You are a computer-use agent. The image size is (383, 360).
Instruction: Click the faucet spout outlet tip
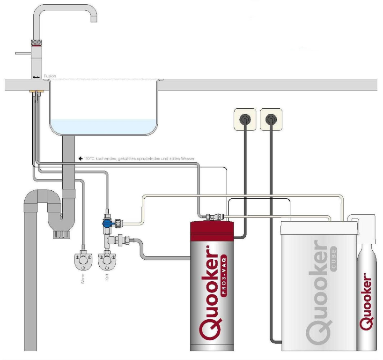click(93, 20)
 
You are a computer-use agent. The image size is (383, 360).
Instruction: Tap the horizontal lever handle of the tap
click(22, 53)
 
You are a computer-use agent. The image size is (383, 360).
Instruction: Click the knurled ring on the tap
click(37, 43)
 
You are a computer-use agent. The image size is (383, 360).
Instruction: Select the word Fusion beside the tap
click(50, 76)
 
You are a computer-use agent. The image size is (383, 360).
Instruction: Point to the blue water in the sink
click(103, 126)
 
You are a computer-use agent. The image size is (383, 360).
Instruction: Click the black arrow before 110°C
click(81, 159)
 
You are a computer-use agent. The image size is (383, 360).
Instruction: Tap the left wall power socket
click(244, 120)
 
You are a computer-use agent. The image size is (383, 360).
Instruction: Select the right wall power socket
click(271, 120)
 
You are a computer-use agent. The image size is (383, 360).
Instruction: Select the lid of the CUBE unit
click(318, 228)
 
